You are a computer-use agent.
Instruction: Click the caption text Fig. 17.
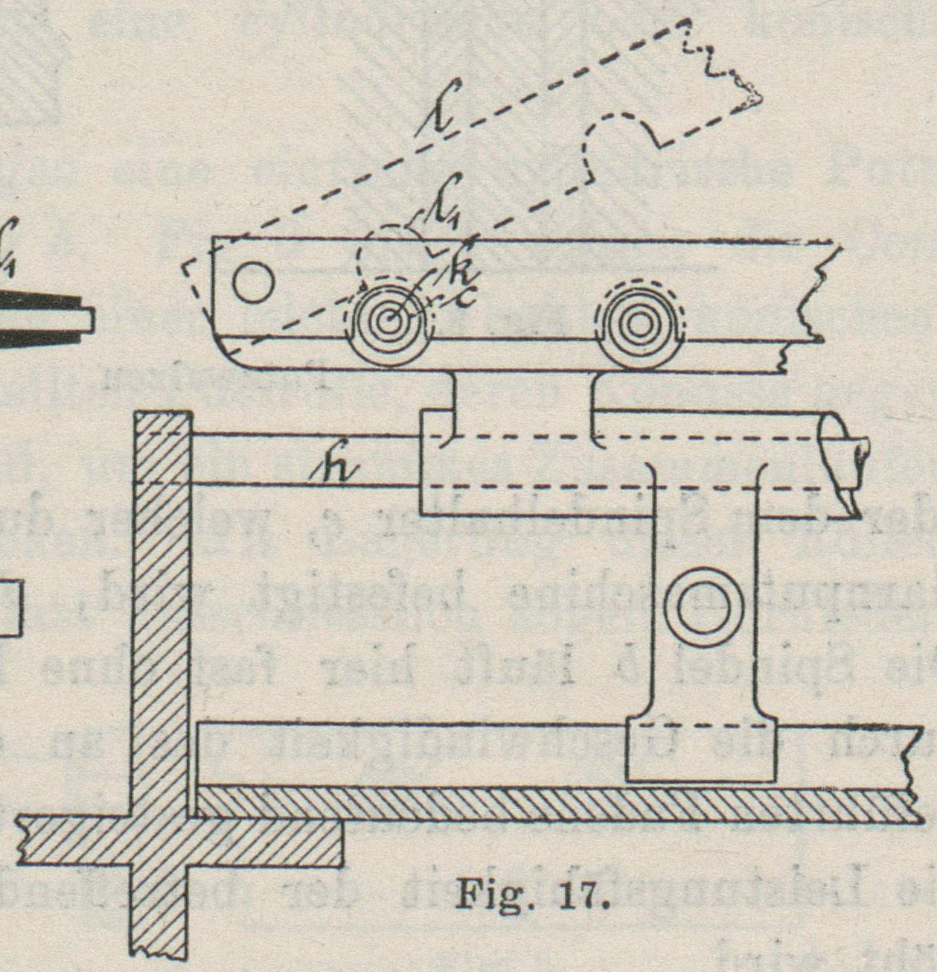click(x=531, y=893)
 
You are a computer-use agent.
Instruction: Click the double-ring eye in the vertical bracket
click(x=703, y=609)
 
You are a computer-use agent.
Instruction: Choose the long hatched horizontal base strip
click(x=551, y=805)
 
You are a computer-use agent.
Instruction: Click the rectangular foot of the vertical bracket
click(x=702, y=750)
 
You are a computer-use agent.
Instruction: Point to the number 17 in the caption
click(x=581, y=893)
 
